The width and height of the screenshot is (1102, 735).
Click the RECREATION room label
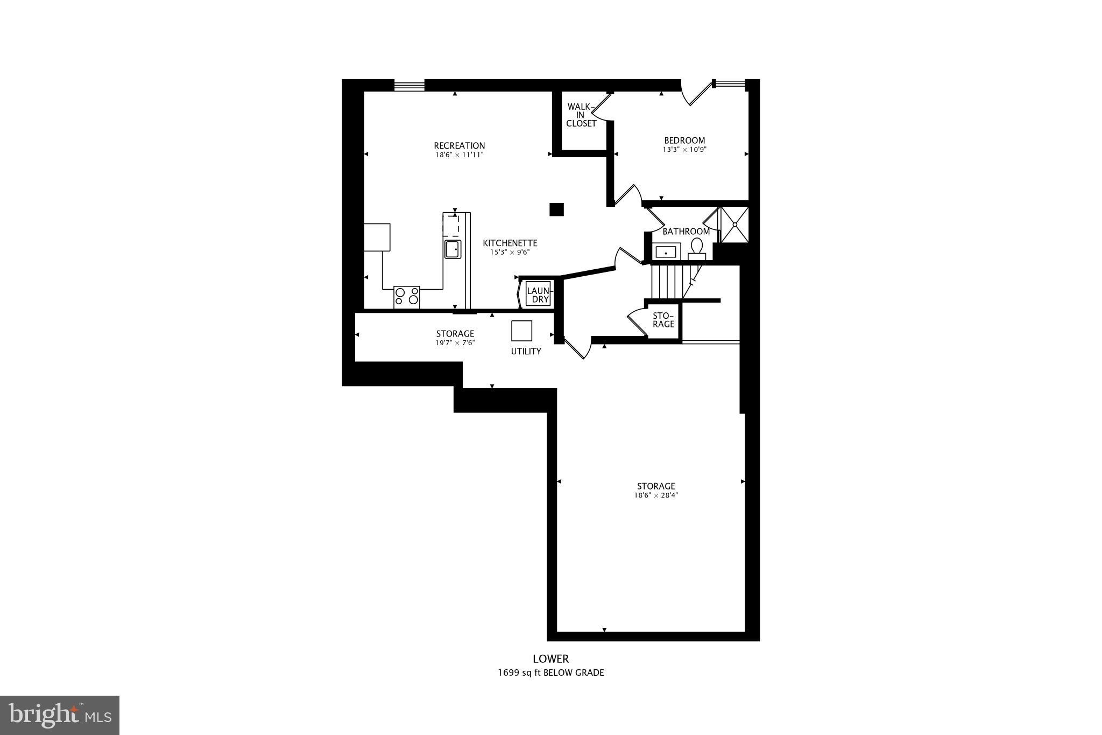pyautogui.click(x=459, y=145)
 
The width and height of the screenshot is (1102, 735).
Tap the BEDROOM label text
pyautogui.click(x=684, y=141)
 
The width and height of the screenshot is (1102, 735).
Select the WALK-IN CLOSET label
pyautogui.click(x=581, y=115)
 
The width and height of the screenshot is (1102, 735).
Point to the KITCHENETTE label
pyautogui.click(x=510, y=243)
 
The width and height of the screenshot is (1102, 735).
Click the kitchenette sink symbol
pyautogui.click(x=453, y=249)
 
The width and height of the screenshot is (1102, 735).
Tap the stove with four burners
pyautogui.click(x=406, y=297)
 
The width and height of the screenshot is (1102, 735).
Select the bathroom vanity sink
pyautogui.click(x=666, y=251)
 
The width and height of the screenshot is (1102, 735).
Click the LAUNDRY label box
pyautogui.click(x=538, y=295)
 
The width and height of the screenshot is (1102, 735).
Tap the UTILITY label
pyautogui.click(x=526, y=352)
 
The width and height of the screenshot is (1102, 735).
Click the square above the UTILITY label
pyautogui.click(x=521, y=331)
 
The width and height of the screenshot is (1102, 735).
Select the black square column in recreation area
pyautogui.click(x=556, y=209)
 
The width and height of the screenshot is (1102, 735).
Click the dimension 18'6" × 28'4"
pyautogui.click(x=655, y=495)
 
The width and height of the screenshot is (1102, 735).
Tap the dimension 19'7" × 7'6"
pyautogui.click(x=455, y=342)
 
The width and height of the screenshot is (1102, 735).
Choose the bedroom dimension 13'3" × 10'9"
pyautogui.click(x=684, y=150)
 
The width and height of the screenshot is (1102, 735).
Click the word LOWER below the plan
pyautogui.click(x=550, y=659)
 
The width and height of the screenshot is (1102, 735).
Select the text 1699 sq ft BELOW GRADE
pyautogui.click(x=550, y=673)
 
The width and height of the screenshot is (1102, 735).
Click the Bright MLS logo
pyautogui.click(x=60, y=715)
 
